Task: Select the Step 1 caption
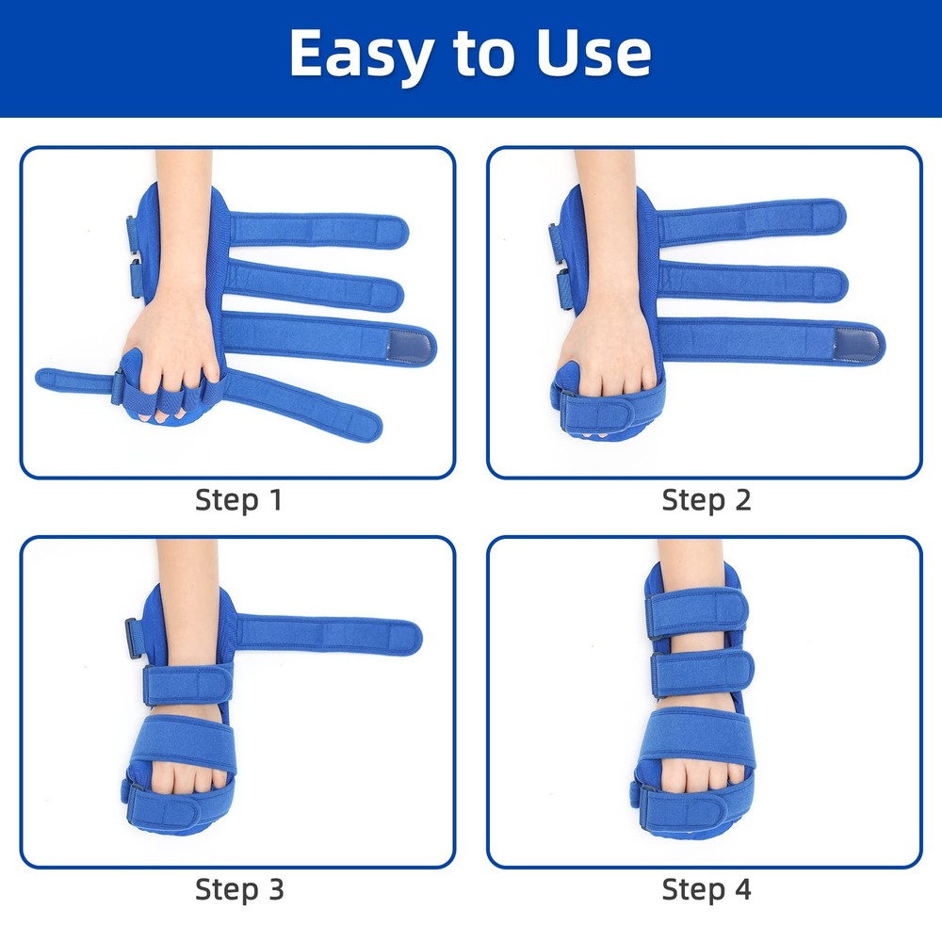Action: [x=238, y=499]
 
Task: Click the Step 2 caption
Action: [x=706, y=499]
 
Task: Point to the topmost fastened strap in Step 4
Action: [x=696, y=610]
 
